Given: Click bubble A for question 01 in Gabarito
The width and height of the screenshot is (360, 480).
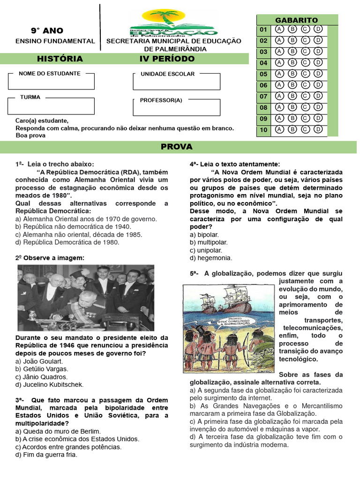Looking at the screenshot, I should pos(280,29).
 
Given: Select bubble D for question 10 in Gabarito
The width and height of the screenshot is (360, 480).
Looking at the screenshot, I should pos(318,129).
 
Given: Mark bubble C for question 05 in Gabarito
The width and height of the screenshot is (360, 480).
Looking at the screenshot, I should pos(306,74).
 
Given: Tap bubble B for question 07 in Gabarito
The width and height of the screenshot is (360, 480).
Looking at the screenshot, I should pos(292,96).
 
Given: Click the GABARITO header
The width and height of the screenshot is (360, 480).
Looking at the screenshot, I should pos(296,20).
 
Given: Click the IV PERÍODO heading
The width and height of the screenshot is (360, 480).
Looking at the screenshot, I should pos(166,59).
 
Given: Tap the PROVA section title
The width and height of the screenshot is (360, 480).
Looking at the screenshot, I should pos(177,147).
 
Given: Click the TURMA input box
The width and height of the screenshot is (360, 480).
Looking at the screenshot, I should pos(51,106).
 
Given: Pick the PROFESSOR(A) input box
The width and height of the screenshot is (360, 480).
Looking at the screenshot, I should pos(176,107).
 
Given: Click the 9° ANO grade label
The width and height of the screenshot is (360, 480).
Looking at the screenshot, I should pos(47,31).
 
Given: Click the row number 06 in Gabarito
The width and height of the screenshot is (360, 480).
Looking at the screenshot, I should pos(263,85).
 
